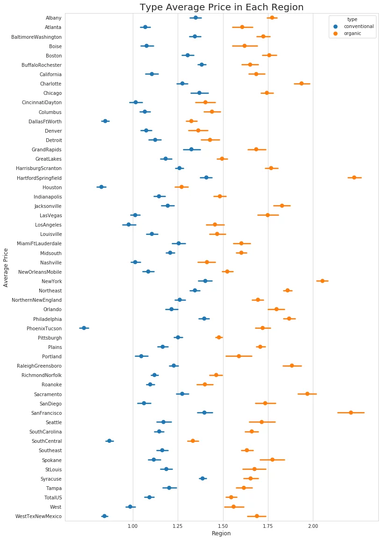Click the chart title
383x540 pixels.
point(222,7)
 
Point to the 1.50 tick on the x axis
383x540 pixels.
point(223,526)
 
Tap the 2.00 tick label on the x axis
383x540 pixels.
point(313,526)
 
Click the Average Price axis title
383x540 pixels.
point(6,268)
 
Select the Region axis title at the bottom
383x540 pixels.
point(221,533)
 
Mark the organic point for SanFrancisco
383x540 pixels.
point(351,413)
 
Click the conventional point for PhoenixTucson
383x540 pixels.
point(84,328)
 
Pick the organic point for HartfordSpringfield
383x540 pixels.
point(354,178)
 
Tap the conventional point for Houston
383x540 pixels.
point(101,187)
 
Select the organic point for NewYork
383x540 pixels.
point(322,281)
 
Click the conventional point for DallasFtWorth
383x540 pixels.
point(105,121)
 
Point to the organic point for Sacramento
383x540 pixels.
point(307,394)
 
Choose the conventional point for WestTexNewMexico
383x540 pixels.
point(104,516)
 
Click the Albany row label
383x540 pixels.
point(53,18)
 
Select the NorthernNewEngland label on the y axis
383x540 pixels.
point(36,300)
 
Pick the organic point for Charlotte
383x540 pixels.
point(302,84)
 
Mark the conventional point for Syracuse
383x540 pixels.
point(202,478)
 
